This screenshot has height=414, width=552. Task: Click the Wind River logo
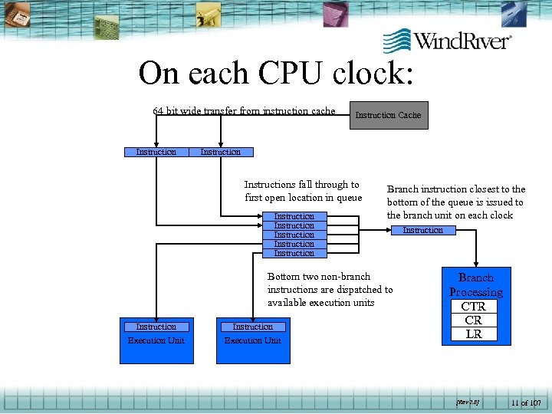tap(447, 40)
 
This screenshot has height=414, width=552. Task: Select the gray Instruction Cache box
tap(388, 115)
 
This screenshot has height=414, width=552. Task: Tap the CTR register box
tap(473, 306)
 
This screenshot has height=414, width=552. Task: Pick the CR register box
tap(473, 320)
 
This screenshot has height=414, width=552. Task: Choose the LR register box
tap(473, 333)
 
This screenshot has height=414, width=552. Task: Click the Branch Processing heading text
tap(475, 284)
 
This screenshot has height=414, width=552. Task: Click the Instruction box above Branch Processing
tap(422, 230)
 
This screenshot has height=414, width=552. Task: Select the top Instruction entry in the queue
tap(294, 217)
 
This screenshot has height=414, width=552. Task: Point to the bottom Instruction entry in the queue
tap(294, 253)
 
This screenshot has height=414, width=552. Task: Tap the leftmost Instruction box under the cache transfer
tap(156, 152)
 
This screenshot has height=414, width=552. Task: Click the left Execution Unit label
tap(156, 340)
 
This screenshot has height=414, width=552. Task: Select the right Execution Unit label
tap(252, 340)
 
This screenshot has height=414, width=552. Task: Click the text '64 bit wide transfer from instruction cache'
tap(244, 111)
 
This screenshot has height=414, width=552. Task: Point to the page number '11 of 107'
tap(526, 402)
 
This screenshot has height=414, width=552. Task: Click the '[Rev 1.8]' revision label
tap(468, 402)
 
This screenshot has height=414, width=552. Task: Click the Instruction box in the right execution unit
tap(252, 327)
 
